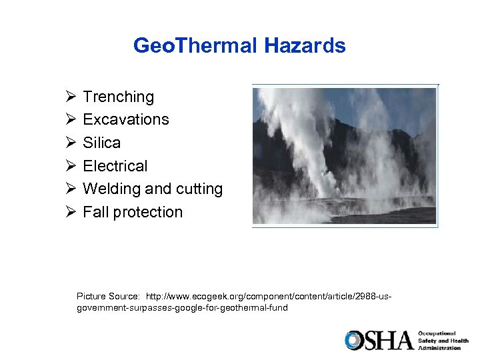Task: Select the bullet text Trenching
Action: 118,97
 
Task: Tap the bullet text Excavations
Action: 126,120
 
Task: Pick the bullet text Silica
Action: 101,143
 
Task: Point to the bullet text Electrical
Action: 115,166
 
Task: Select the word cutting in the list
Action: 199,189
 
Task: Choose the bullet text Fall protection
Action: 132,212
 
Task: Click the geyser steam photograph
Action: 345,156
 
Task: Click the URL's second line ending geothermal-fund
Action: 182,308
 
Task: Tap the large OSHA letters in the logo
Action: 387,341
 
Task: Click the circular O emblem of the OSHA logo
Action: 353,341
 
